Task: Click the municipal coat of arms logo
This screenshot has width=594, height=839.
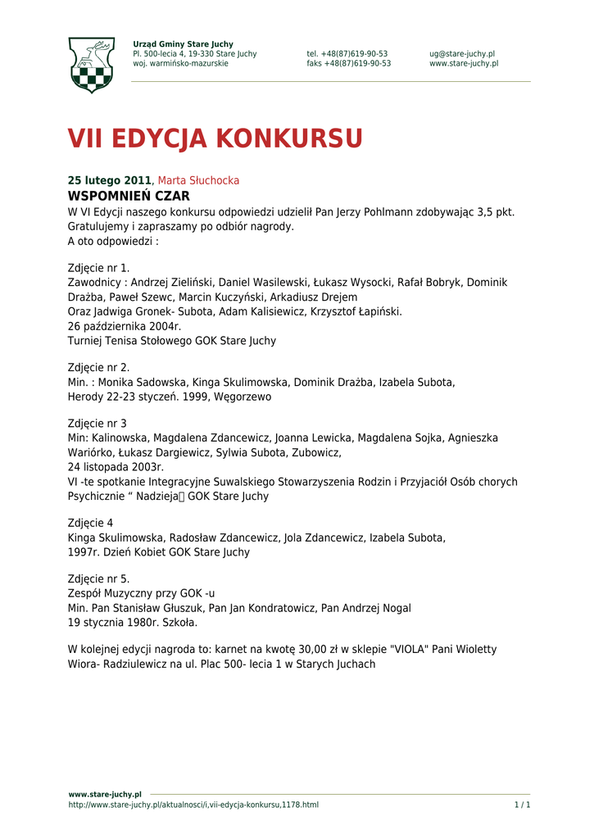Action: pos(91,65)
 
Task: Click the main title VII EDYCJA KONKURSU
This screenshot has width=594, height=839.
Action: pos(215,139)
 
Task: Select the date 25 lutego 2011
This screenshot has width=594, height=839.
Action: pos(109,180)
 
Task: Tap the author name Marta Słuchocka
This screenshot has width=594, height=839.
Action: pos(198,180)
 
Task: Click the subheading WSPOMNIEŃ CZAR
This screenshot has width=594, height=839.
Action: pos(129,197)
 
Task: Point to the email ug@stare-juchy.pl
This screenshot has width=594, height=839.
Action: pos(462,54)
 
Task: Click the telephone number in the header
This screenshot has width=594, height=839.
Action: pos(347,54)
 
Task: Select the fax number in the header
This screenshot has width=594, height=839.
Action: pos(349,64)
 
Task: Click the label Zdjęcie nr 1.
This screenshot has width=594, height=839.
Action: pos(98,268)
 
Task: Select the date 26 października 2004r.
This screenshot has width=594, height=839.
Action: pos(125,326)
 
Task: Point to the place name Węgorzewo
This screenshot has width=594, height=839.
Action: pos(243,397)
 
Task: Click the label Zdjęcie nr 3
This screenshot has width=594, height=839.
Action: pos(97,424)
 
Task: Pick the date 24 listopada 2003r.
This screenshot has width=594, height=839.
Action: pos(116,468)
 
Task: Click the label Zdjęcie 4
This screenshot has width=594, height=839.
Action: pos(90,523)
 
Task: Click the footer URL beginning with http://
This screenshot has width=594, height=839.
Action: pos(193,805)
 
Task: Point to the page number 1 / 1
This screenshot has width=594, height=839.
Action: pos(522,805)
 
